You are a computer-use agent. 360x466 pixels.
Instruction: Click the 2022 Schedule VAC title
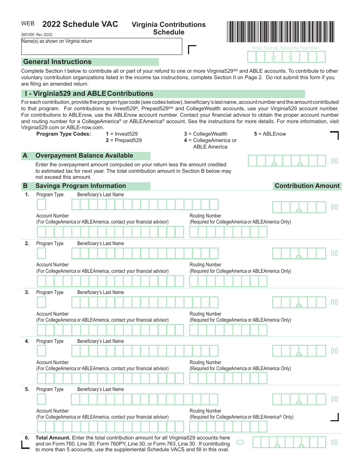pos(80,24)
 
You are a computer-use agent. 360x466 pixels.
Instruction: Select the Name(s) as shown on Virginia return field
pos(102,47)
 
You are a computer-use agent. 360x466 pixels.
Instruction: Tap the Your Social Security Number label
pos(285,48)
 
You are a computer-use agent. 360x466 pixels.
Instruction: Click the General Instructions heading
pos(58,62)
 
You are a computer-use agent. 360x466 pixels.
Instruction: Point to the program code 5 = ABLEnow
pos(270,134)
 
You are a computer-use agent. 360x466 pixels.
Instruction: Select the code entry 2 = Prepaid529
pos(124,140)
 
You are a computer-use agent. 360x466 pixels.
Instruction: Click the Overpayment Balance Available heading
pos(84,156)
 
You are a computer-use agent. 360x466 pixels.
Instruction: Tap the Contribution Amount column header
pos(307,186)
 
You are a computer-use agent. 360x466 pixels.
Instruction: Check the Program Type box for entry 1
pos(41,205)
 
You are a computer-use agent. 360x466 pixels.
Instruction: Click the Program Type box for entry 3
pos(41,302)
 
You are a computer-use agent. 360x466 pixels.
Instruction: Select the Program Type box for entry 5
pos(41,399)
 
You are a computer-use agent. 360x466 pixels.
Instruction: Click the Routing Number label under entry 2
pos(205,265)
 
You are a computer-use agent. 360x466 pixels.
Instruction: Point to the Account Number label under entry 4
pos(53,363)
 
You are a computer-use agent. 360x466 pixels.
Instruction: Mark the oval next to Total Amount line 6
pos(240,442)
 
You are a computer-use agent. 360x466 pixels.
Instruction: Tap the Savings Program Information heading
pos(81,186)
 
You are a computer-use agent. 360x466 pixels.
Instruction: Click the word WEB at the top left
pos(28,23)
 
